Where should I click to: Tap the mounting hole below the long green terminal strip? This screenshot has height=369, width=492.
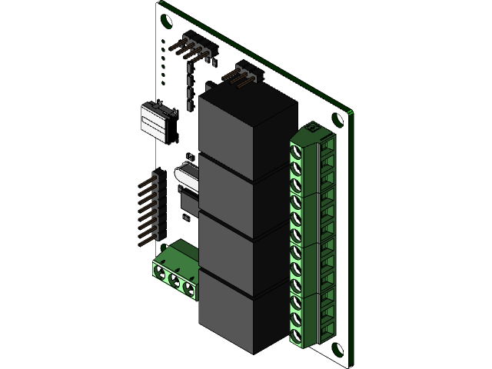click(336, 350)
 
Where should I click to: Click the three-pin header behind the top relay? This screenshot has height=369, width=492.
click(244, 75)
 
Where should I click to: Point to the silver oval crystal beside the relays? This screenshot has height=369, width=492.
click(187, 175)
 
